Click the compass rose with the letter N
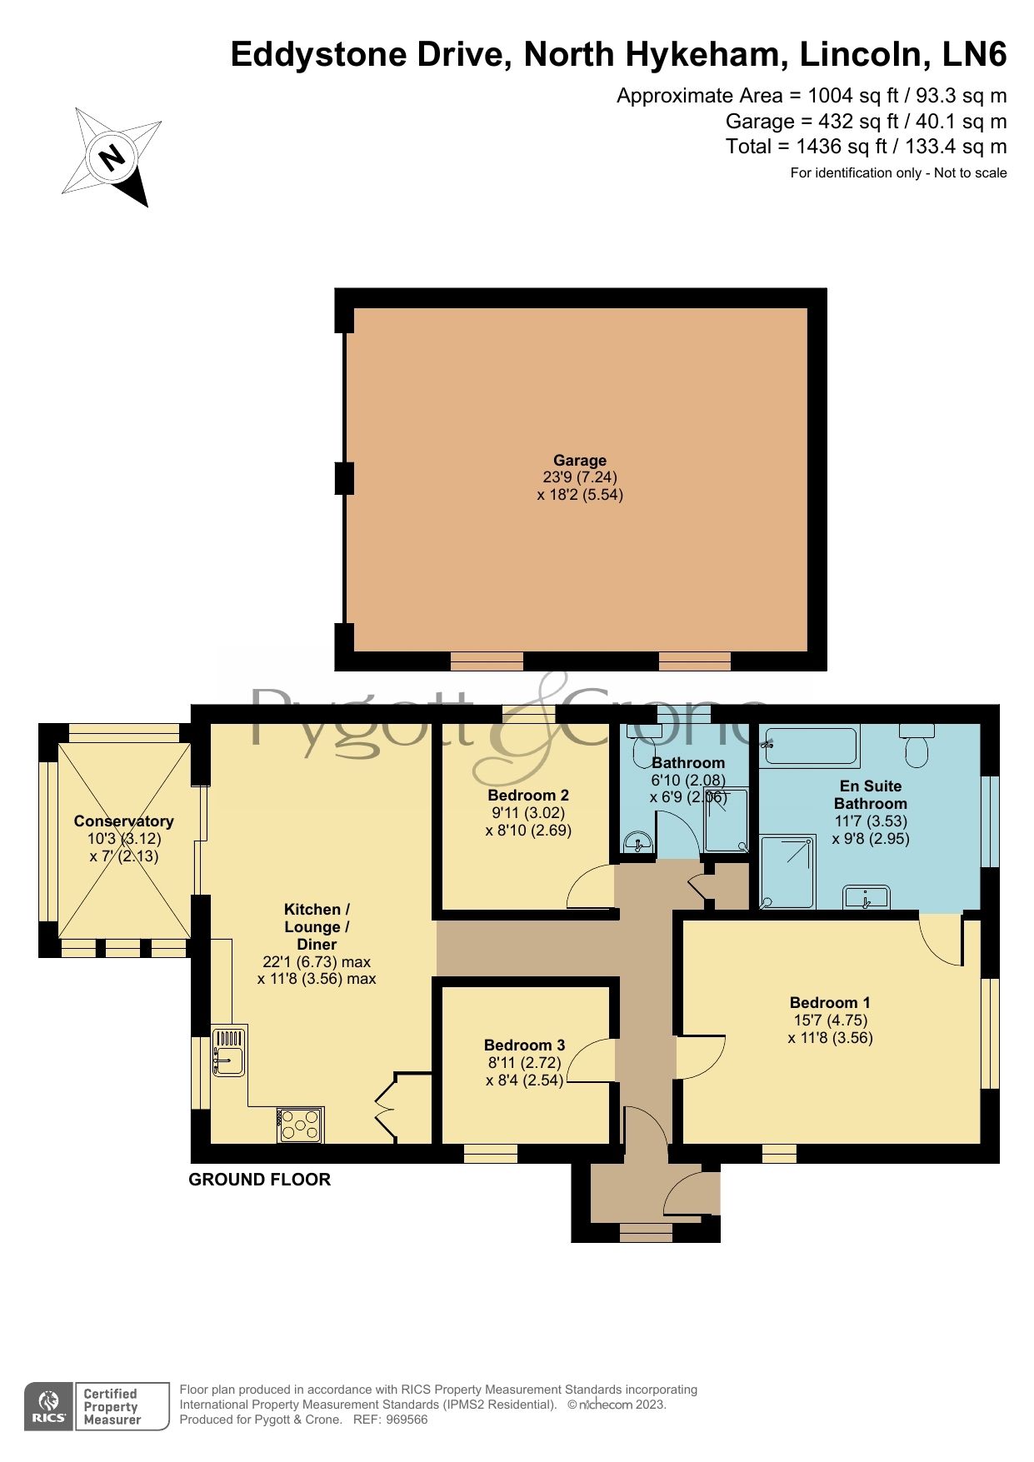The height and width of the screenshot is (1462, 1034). pyautogui.click(x=112, y=157)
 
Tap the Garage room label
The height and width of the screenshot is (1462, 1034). pyautogui.click(x=580, y=460)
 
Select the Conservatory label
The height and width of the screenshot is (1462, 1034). pyautogui.click(x=123, y=821)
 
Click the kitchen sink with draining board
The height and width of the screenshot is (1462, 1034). pyautogui.click(x=228, y=1051)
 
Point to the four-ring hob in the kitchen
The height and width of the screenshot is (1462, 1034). pyautogui.click(x=300, y=1125)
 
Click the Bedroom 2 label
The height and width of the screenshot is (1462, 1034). pyautogui.click(x=528, y=795)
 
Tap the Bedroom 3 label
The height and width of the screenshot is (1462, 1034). pyautogui.click(x=524, y=1045)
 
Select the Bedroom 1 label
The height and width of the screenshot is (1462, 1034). pyautogui.click(x=830, y=1002)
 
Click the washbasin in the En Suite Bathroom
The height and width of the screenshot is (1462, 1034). pyautogui.click(x=867, y=898)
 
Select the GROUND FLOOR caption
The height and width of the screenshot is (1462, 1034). pyautogui.click(x=259, y=1180)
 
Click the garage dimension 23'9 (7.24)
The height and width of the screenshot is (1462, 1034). pyautogui.click(x=580, y=477)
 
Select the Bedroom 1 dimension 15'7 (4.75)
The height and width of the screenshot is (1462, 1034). pyautogui.click(x=830, y=1020)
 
